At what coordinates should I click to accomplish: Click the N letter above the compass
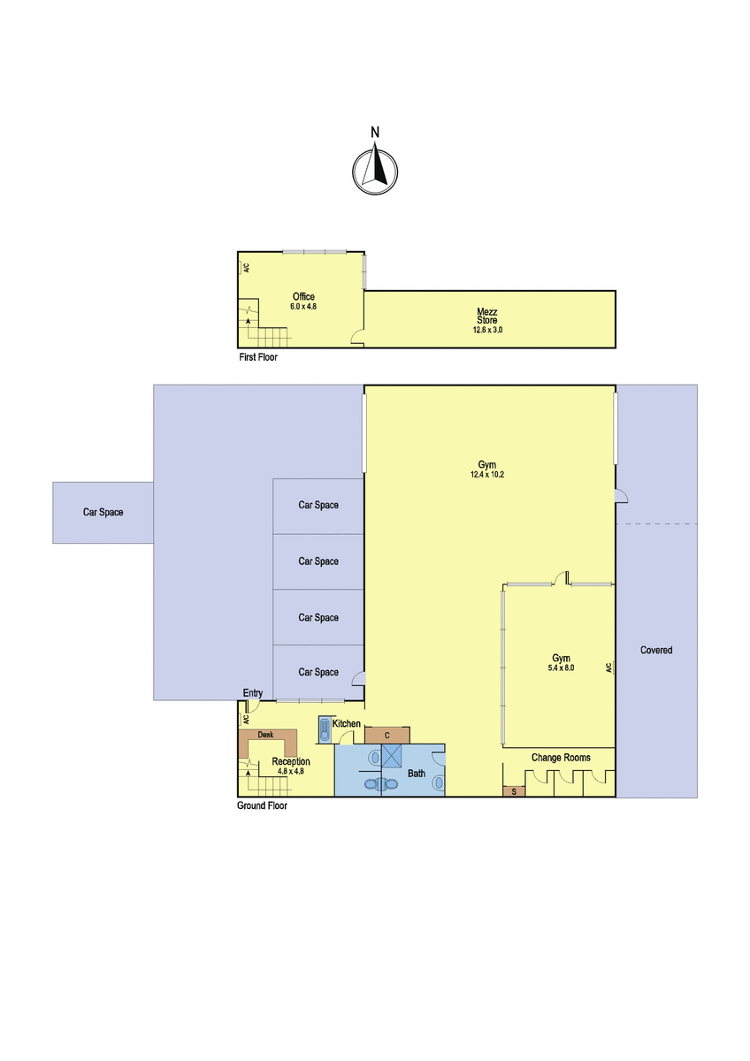375,133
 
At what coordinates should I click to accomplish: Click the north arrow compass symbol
375,172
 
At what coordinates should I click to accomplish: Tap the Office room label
303,296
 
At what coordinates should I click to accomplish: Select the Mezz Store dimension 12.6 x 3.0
487,330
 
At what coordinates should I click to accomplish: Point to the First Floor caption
258,357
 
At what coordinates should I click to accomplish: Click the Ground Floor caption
262,805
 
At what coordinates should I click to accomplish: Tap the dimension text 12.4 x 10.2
487,474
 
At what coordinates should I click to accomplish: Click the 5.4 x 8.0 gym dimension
561,668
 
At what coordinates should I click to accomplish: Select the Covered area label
656,651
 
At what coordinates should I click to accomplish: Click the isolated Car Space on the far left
103,512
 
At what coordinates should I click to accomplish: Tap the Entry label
253,693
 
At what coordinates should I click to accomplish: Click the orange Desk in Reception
268,741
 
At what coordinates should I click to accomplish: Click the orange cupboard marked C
387,735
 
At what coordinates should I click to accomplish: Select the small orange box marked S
514,791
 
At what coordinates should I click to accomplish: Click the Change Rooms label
561,758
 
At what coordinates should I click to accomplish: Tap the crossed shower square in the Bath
391,755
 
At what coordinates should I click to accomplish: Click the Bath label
417,774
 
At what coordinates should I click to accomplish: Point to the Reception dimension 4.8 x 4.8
291,771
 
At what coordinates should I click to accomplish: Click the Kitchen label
347,723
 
